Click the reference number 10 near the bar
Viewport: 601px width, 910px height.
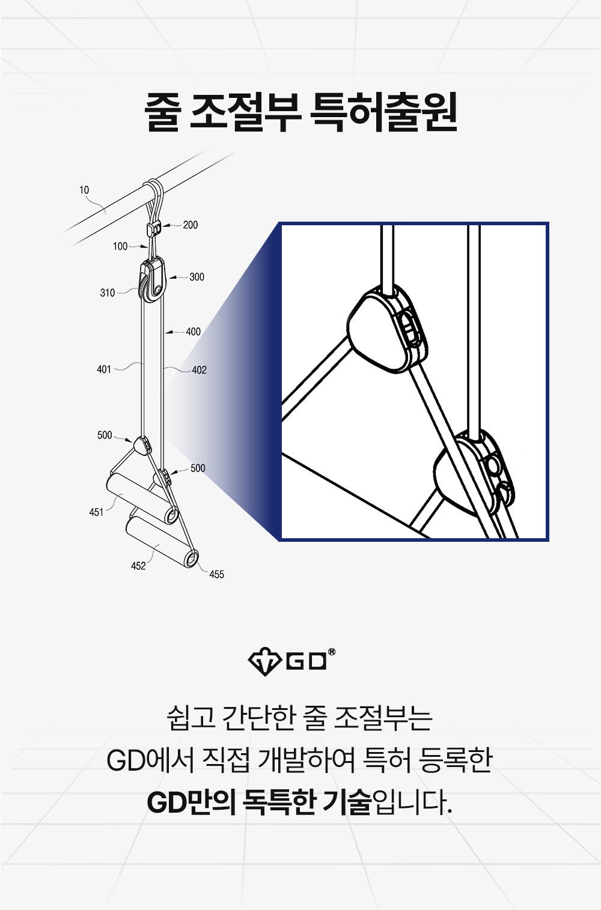coord(84,190)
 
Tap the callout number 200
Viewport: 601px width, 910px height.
coord(190,225)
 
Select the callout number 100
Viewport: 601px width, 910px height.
coord(120,246)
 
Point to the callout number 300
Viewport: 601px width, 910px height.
coord(197,277)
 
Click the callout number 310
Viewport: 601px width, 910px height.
coord(108,293)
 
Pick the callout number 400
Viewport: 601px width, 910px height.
coord(194,332)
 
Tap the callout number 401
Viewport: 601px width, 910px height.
coord(104,369)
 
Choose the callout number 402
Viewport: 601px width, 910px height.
coord(199,370)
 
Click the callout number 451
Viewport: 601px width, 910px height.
coord(96,512)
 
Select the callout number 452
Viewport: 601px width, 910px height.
coord(138,566)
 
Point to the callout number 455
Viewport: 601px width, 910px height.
coord(216,574)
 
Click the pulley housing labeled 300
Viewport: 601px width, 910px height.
coord(152,280)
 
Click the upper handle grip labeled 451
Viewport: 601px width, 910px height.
coord(142,498)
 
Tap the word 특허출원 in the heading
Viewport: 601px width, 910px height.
coord(383,112)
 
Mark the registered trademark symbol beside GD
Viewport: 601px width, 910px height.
coord(332,652)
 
